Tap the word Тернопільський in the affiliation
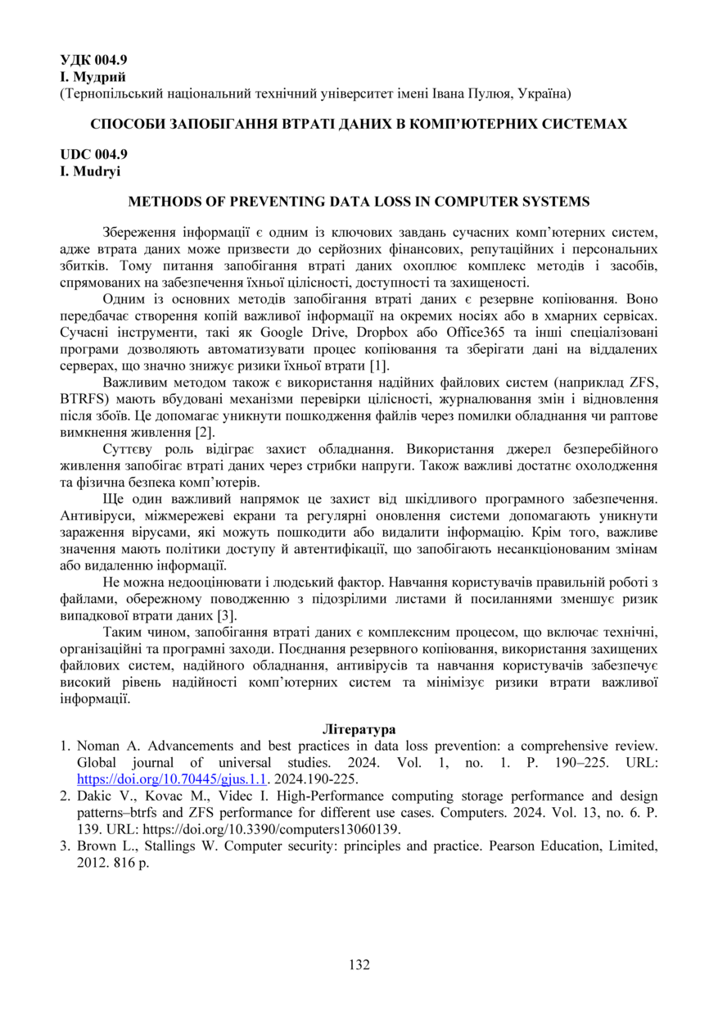[106, 94]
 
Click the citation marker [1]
[379, 365]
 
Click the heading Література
[359, 728]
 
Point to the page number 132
[359, 964]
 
